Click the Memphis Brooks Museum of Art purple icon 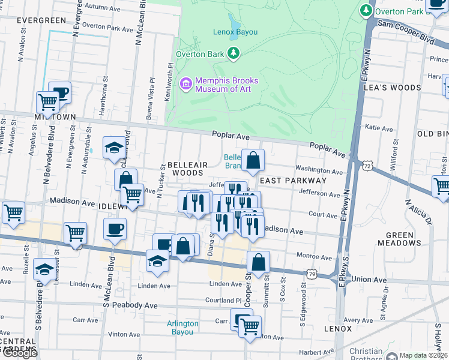[185, 84]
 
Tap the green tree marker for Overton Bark [234, 55]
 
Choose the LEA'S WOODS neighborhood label [393, 88]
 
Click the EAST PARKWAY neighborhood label [293, 180]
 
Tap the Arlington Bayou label [182, 328]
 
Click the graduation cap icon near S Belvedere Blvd [44, 269]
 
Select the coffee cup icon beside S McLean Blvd [115, 229]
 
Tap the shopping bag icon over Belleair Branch [253, 160]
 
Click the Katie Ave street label [379, 127]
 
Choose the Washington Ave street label [319, 171]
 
